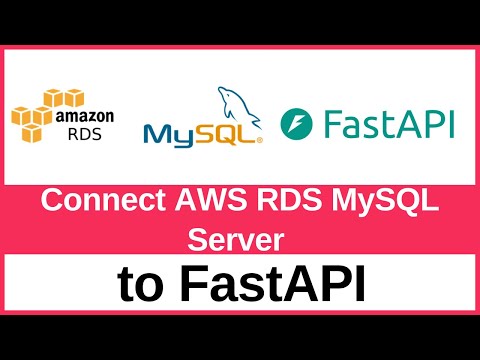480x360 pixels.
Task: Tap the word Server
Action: point(238,239)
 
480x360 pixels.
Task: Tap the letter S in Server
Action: point(197,239)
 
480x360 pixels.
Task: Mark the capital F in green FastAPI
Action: point(334,125)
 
